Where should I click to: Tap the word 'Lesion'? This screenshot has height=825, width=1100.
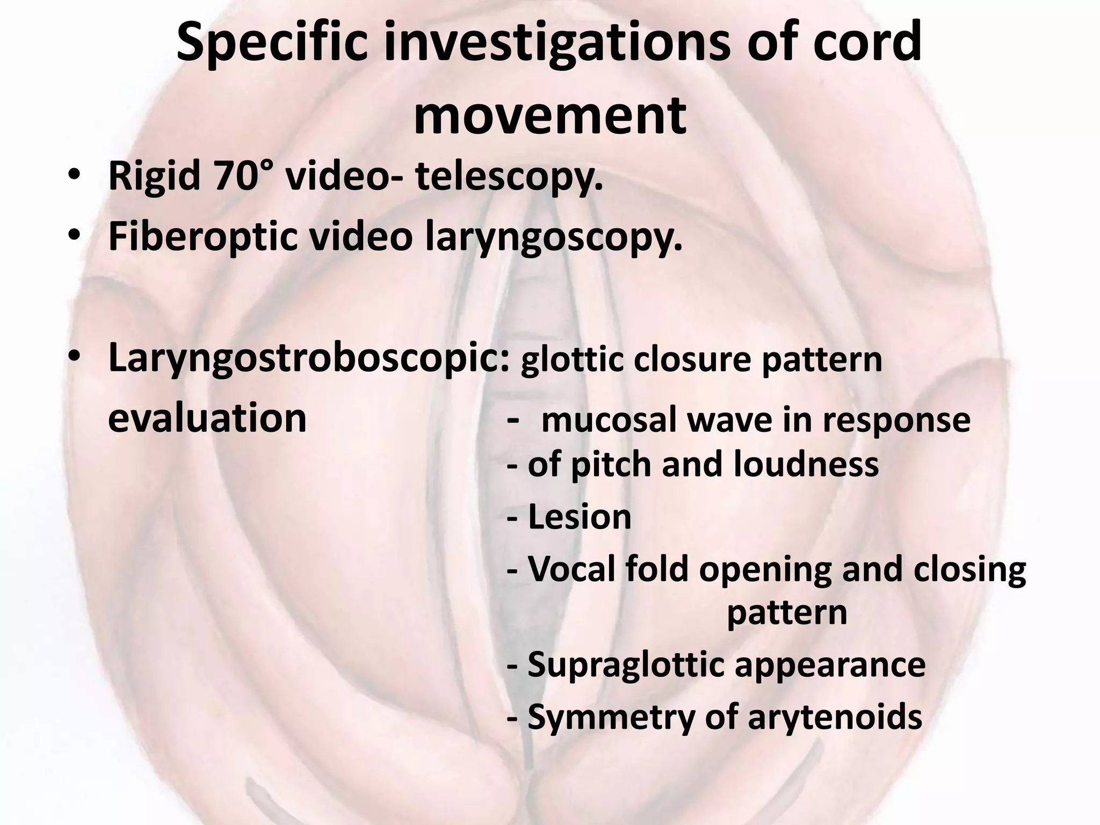(x=580, y=517)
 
